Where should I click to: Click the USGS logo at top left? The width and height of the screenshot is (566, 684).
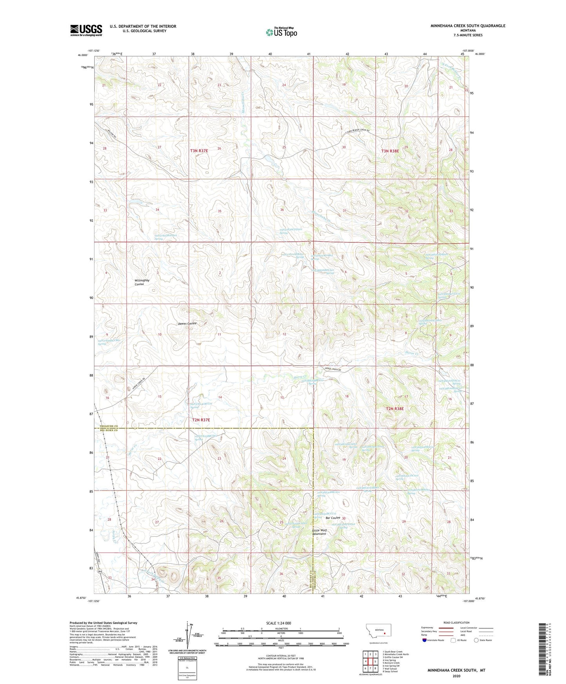[x=86, y=30]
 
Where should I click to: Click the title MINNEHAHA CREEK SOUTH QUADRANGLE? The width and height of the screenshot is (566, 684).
[x=468, y=26]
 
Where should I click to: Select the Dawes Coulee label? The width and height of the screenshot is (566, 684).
[x=187, y=324]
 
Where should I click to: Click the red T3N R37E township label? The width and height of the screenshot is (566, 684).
[x=200, y=150]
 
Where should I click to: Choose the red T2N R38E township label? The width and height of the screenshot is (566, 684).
[x=395, y=409]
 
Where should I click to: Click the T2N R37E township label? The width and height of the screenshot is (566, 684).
[x=201, y=420]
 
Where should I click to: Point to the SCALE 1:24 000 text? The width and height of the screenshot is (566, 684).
[x=278, y=623]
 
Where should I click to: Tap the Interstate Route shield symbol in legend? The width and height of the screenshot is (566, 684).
[x=425, y=640]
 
